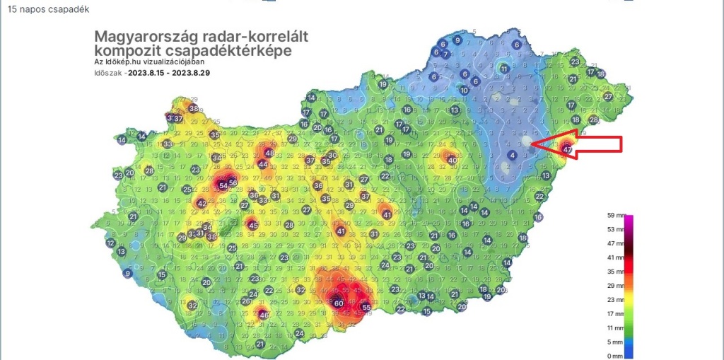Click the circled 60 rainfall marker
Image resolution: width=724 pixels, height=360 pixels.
click(x=339, y=303)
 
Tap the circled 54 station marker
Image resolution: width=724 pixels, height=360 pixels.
click(x=223, y=185)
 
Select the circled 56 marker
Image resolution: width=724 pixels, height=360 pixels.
click(x=233, y=183)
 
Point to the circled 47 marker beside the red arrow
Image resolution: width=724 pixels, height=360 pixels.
click(x=566, y=149)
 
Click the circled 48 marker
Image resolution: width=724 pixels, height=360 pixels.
click(x=269, y=152)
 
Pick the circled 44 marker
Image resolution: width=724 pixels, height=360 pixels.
click(x=263, y=164)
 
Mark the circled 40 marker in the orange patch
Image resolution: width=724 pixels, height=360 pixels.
click(x=452, y=160)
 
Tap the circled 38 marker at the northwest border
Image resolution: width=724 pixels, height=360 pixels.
click(x=194, y=108)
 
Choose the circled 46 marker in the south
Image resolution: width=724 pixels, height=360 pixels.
click(x=264, y=315)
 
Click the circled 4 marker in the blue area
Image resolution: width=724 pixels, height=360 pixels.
click(x=513, y=155)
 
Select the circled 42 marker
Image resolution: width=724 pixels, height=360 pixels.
click(x=202, y=204)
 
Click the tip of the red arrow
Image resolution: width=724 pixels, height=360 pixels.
click(x=531, y=144)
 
